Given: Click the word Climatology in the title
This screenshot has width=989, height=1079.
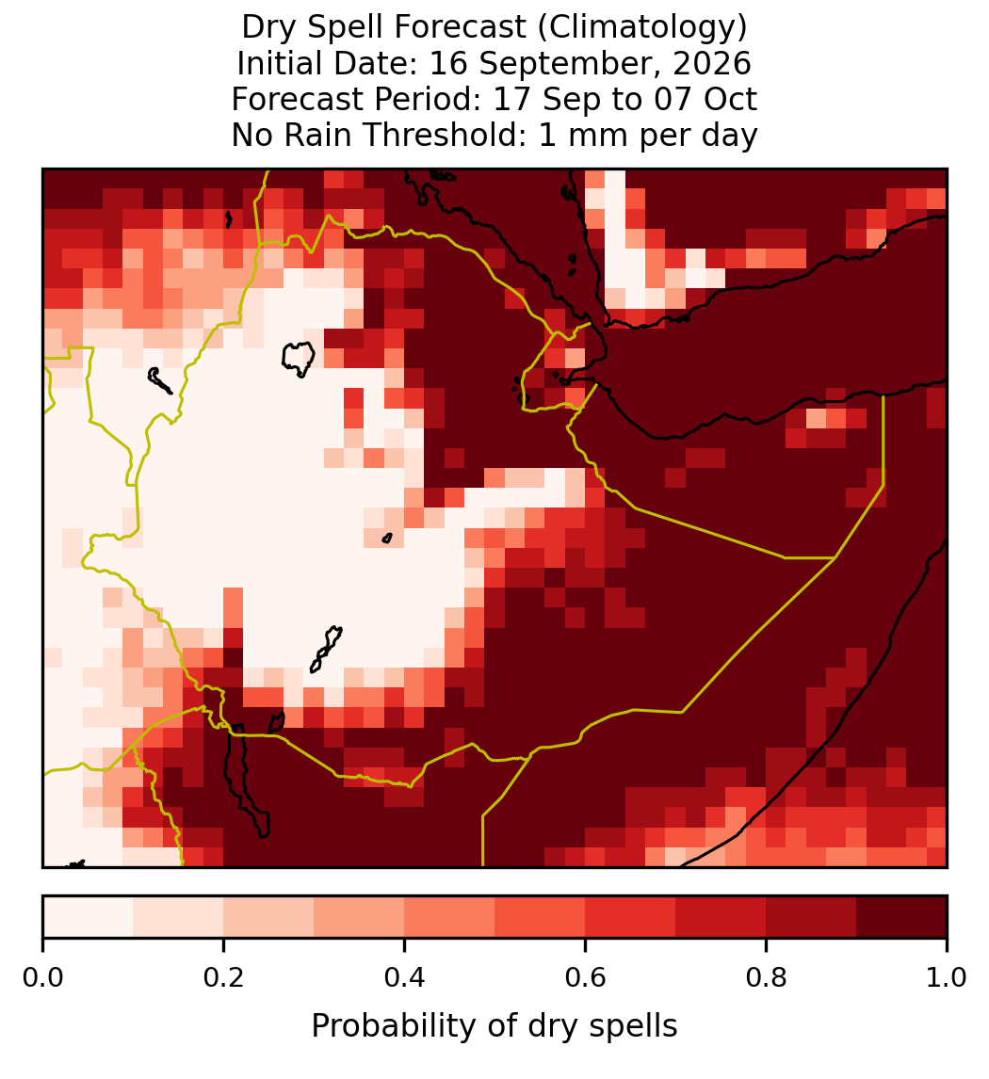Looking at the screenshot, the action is click(640, 28).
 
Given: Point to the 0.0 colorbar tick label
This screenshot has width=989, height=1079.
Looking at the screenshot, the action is click(43, 977).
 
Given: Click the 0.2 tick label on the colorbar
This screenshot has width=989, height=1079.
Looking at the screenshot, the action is click(223, 977).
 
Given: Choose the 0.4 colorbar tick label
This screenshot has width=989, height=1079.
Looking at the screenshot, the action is click(405, 977).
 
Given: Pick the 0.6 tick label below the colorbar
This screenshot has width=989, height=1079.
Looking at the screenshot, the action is click(586, 977).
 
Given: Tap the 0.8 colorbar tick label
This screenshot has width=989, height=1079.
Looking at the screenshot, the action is click(766, 977).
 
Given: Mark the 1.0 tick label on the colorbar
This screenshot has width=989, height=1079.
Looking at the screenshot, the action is click(947, 977).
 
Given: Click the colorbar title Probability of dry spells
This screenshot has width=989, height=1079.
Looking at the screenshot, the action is click(494, 1026).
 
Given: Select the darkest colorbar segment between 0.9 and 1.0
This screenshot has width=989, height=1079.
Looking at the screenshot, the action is click(901, 917).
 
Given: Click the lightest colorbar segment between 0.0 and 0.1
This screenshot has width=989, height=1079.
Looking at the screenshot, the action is click(89, 917).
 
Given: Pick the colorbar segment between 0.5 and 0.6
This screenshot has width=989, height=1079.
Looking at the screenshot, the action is click(540, 917).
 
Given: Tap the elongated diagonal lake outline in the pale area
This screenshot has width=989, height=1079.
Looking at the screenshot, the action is click(326, 649).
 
